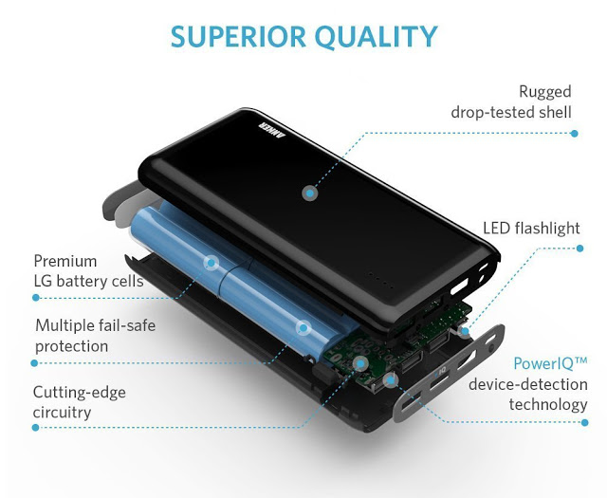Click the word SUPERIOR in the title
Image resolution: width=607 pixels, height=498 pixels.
pos(238,37)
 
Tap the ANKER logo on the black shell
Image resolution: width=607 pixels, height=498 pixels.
pos(271,132)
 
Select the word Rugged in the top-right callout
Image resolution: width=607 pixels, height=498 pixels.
pos(545,93)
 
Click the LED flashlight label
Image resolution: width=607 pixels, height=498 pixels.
pos(531,228)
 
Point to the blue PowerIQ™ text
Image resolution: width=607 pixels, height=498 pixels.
pos(550,363)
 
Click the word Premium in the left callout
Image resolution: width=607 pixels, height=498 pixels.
pos(65,261)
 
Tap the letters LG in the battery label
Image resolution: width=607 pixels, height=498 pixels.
pos(43,281)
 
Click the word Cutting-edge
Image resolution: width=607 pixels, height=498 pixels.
pos(80,393)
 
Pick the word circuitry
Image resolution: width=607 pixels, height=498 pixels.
pos(62,413)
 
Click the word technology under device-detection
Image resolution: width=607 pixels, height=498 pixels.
pos(548,405)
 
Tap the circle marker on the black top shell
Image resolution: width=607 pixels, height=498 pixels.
pos(310,193)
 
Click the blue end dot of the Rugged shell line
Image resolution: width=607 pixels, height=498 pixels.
pos(575,134)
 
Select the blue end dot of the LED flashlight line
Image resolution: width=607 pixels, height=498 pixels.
pos(579,249)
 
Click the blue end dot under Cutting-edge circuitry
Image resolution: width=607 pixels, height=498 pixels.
pos(36,428)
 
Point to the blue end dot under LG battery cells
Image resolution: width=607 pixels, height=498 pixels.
pos(36,298)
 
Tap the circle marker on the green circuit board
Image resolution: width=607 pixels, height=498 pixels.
pos(361,363)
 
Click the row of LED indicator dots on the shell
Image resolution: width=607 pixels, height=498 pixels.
pos(381,280)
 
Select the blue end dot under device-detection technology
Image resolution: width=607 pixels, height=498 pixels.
pos(584,422)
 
